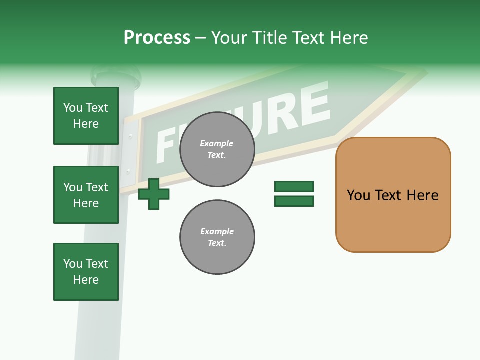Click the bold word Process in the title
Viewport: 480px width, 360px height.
(x=157, y=38)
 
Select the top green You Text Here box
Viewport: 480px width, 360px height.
(x=86, y=116)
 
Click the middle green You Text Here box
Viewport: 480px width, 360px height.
(x=86, y=195)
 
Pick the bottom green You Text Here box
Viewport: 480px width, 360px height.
(x=86, y=272)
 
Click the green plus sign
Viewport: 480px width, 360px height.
(x=154, y=194)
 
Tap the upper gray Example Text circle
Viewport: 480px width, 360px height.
(x=217, y=149)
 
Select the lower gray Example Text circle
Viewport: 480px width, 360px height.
(x=217, y=237)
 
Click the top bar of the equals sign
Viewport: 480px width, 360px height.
(x=294, y=187)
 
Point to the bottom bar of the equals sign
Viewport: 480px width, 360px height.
(x=294, y=201)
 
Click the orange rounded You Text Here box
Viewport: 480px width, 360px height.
(x=393, y=195)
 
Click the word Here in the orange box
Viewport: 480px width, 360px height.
(x=422, y=195)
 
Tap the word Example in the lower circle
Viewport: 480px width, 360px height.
(x=217, y=231)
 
